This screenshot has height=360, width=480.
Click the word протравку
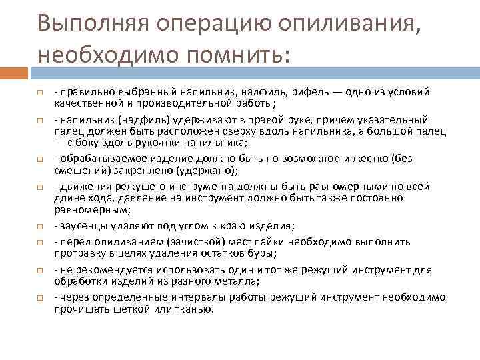click(x=79, y=254)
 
